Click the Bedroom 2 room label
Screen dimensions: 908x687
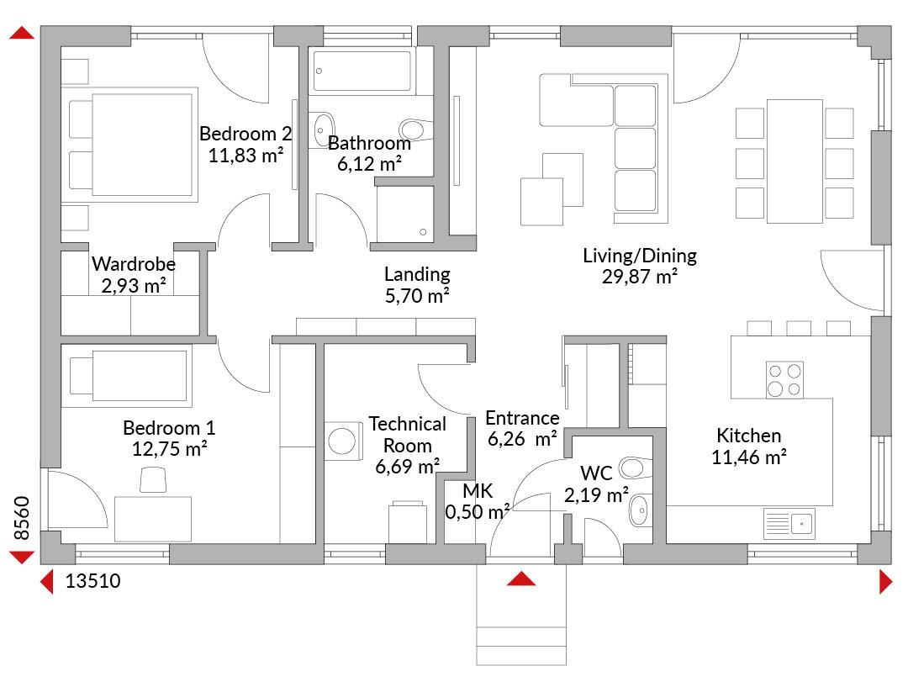click(x=245, y=134)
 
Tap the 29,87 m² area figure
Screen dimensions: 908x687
click(x=640, y=277)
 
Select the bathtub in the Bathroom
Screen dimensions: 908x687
click(x=362, y=71)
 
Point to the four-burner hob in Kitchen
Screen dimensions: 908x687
click(x=784, y=379)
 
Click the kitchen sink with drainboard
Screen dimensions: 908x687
click(x=789, y=524)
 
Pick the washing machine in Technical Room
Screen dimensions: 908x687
click(x=343, y=441)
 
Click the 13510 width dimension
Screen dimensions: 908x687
click(x=92, y=580)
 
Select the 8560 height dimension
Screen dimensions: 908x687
click(x=21, y=518)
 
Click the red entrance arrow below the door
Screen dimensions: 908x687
click(x=521, y=579)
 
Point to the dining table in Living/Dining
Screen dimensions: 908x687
click(x=794, y=161)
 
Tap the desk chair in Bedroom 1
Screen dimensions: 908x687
click(x=154, y=480)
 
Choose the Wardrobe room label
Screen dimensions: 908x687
click(x=134, y=264)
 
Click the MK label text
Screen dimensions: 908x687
click(x=478, y=491)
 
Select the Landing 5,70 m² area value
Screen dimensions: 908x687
click(x=418, y=296)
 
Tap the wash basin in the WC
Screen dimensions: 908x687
click(x=639, y=510)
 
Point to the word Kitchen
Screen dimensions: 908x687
click(x=749, y=436)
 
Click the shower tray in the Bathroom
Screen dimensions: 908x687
click(x=404, y=214)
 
